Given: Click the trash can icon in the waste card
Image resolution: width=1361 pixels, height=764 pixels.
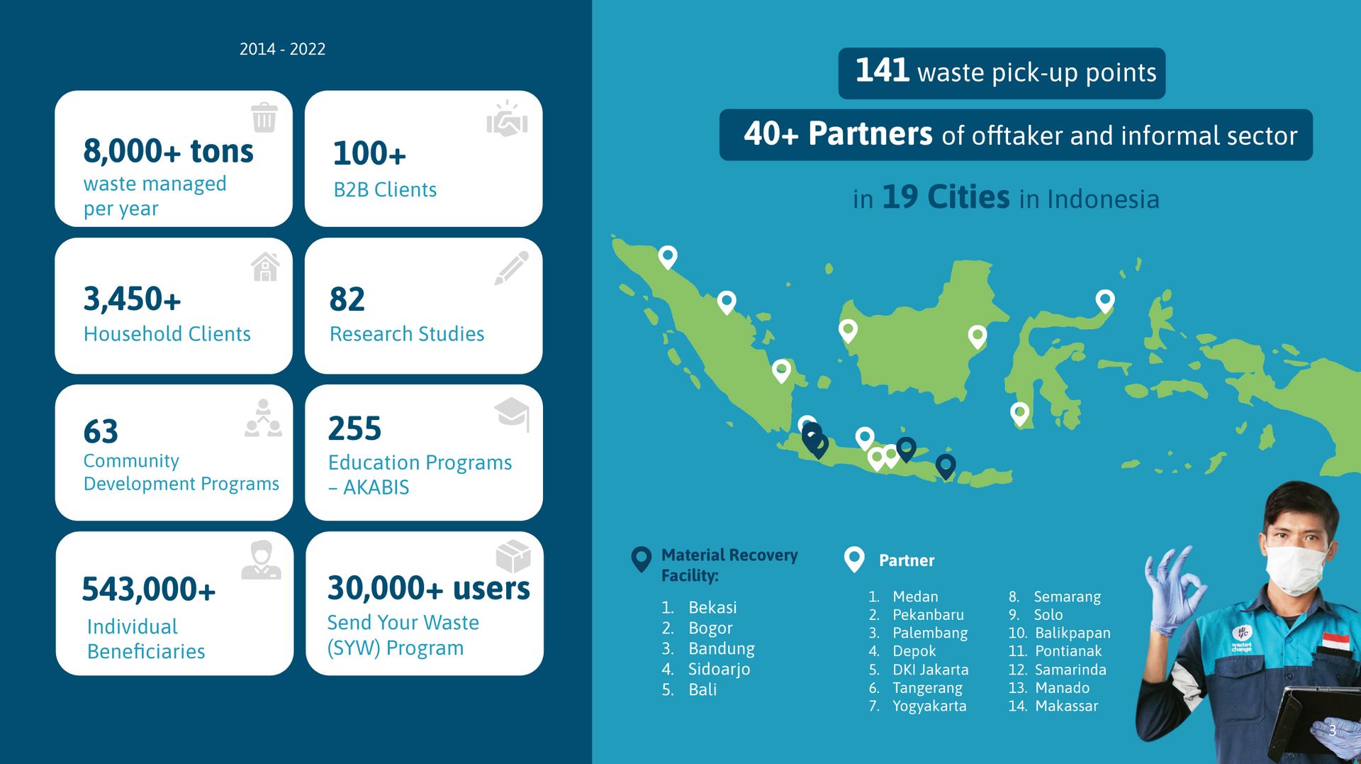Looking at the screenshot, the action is coord(264,118).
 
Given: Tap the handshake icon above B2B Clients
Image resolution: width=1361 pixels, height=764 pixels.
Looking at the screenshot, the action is coord(507,118).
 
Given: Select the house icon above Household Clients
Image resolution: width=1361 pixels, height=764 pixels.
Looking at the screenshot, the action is coord(265,267).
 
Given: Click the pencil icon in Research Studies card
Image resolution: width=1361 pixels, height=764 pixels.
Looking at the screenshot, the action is coord(511,267).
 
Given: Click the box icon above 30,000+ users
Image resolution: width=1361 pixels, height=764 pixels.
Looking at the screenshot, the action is coord(513,556).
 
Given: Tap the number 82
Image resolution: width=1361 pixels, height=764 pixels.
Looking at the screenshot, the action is coord(347,299).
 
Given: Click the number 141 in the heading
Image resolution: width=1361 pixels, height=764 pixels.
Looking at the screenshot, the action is coord(882,70).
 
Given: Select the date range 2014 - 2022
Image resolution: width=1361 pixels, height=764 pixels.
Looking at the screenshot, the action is coord(282,49).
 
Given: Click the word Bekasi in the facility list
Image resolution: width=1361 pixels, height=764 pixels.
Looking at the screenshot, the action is coord(712,607).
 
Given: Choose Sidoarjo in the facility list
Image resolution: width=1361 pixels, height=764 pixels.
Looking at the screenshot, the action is coord(719,669).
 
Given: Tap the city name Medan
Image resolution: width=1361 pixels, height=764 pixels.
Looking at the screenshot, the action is coord(915,597).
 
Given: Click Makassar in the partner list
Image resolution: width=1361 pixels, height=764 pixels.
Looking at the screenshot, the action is coord(1066,706).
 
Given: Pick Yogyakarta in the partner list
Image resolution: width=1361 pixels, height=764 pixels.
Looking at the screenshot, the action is coord(929,706).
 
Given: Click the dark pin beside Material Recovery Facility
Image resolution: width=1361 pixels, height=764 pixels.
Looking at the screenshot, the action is coord(641,560).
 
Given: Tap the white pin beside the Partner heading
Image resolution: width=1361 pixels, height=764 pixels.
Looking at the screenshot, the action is coord(854,560).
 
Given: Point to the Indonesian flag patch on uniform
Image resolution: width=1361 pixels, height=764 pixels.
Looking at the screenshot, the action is coord(1335,643).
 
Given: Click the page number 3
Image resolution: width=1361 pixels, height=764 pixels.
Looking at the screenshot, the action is coord(1332,731).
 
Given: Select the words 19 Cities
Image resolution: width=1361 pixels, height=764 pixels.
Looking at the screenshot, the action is coord(946,197).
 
